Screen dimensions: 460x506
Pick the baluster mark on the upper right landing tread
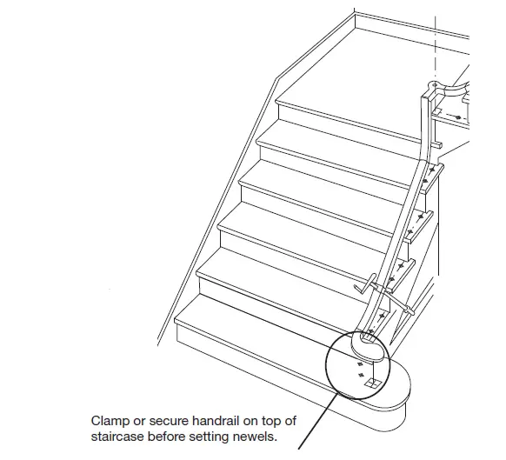(x=458, y=116)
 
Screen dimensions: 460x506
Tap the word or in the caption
(x=141, y=421)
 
